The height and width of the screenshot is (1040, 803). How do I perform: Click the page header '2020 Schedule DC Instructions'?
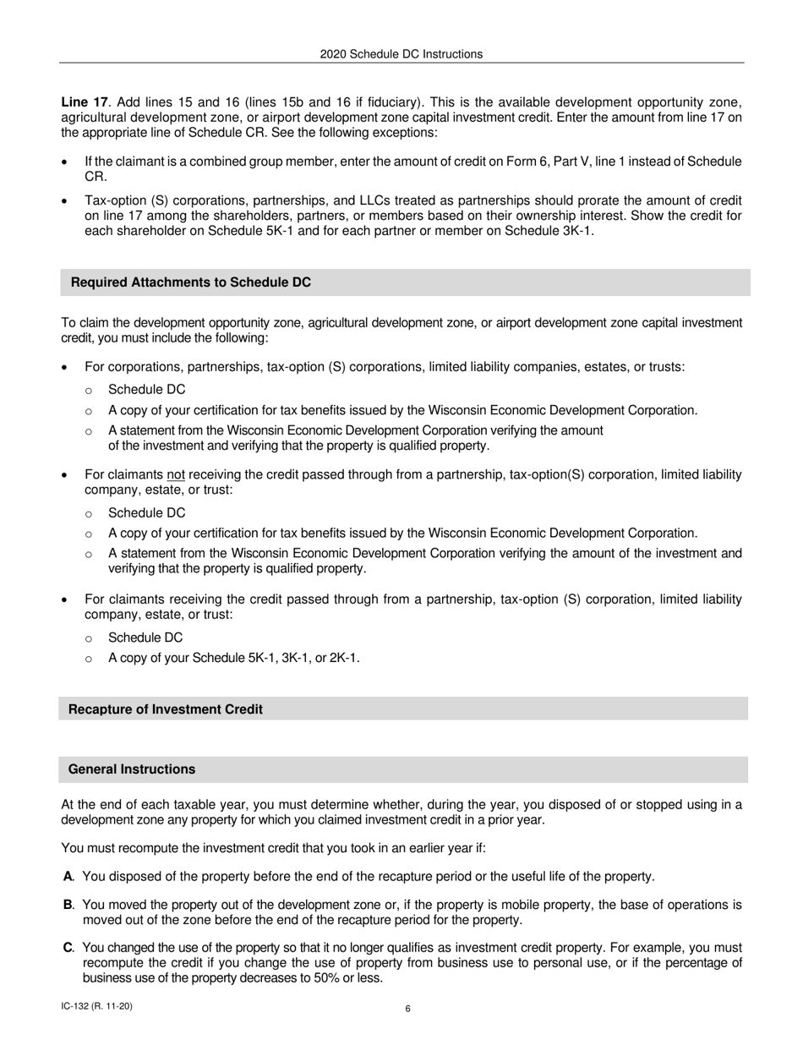tap(401, 54)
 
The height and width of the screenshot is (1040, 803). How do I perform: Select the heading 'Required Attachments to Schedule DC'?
tap(191, 282)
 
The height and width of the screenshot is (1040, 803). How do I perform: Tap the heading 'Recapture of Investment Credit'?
tap(166, 709)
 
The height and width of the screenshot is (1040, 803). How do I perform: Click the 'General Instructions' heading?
tap(132, 769)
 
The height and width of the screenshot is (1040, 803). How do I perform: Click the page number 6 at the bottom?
tap(408, 1008)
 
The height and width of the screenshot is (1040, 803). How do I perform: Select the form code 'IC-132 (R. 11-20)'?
tap(96, 1006)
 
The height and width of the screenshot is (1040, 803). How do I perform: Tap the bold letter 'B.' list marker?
tap(69, 906)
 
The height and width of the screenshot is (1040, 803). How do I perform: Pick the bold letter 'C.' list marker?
tap(69, 948)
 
